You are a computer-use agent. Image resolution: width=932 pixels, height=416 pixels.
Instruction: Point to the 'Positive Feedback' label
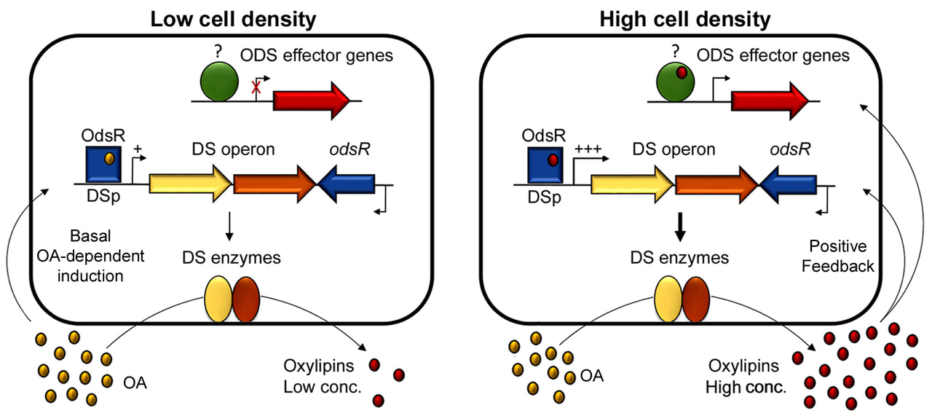tap(837, 257)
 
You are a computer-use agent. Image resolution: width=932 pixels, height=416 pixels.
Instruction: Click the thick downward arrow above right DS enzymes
tap(680, 229)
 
